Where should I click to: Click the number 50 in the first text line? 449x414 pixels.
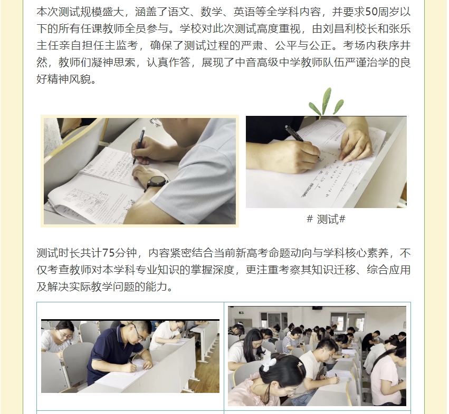(x=371, y=12)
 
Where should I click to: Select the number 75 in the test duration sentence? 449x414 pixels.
(x=108, y=253)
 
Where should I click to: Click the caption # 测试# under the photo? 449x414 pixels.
(x=326, y=219)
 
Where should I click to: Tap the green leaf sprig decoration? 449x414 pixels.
(x=326, y=102)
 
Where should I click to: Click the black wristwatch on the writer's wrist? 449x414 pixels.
(x=156, y=182)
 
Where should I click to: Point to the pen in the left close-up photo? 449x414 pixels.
(x=139, y=146)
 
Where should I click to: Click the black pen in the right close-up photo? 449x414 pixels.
(x=302, y=142)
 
